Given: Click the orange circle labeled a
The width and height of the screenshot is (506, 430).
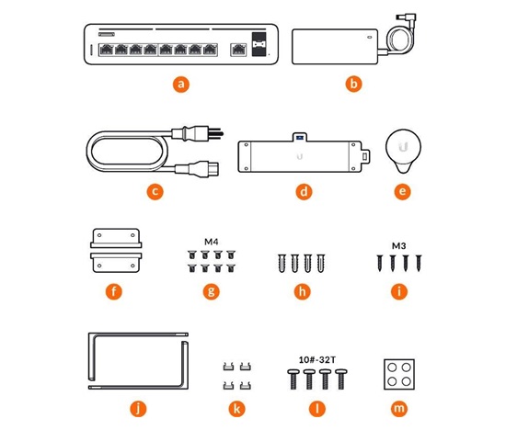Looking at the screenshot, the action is [x=181, y=85].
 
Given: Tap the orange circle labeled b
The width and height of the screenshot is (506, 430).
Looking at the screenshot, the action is [x=353, y=85].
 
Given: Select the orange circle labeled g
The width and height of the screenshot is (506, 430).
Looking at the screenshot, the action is [x=211, y=291].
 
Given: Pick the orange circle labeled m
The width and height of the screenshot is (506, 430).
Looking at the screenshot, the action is [x=399, y=409].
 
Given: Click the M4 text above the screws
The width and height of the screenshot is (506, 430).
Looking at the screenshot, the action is [x=212, y=242].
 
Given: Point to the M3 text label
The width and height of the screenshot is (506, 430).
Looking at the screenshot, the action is [x=398, y=246].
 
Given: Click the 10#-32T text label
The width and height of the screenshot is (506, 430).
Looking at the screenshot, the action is [x=316, y=360].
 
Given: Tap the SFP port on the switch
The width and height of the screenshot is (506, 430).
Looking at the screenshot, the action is [x=259, y=44].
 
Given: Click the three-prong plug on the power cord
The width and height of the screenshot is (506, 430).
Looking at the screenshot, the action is [x=197, y=133].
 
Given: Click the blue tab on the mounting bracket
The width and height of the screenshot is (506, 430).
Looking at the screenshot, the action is [x=300, y=138].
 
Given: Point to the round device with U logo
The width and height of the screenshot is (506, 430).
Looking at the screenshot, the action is [x=403, y=151].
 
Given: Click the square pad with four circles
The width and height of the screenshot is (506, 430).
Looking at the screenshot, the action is [x=399, y=375].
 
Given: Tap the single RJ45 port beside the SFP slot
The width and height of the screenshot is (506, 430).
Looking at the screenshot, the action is [x=238, y=50].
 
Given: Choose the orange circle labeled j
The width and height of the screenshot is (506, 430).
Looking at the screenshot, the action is [x=138, y=409].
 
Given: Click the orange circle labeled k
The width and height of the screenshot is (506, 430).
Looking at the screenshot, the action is [x=236, y=409].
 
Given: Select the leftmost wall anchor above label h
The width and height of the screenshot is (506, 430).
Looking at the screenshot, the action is [x=282, y=264].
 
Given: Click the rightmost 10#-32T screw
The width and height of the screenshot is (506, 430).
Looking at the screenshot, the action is [x=341, y=379].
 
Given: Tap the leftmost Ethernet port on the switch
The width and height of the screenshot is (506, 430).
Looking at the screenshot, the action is [x=106, y=50].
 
